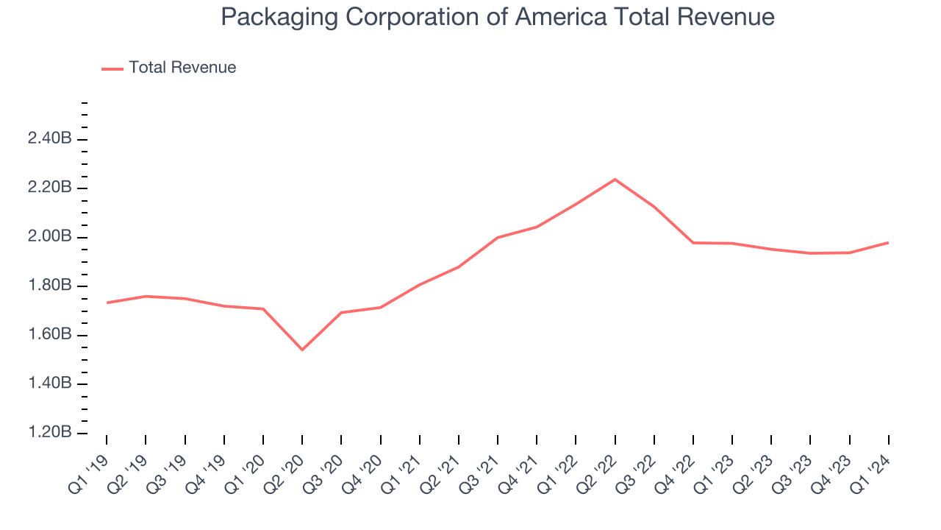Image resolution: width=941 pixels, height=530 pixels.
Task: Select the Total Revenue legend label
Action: click(x=182, y=68)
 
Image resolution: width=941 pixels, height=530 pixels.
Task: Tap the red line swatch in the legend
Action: click(x=112, y=68)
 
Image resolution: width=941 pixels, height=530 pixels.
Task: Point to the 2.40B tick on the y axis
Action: click(x=49, y=139)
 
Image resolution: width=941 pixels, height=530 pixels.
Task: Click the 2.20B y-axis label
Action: click(x=49, y=188)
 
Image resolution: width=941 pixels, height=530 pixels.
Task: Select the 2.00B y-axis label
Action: click(x=49, y=237)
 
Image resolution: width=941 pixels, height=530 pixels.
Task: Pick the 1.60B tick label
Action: click(x=49, y=335)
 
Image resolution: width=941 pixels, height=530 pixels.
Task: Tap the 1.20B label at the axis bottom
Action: click(x=49, y=433)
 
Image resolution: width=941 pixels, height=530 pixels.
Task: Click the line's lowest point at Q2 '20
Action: click(x=302, y=350)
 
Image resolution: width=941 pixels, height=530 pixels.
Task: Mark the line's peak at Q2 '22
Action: click(x=615, y=179)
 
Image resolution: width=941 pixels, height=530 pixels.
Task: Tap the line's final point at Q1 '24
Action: click(x=888, y=242)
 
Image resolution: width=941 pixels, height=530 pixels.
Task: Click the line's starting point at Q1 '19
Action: click(x=107, y=303)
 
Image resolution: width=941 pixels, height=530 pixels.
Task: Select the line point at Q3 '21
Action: click(x=498, y=238)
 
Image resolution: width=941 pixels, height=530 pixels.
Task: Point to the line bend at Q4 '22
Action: click(x=693, y=242)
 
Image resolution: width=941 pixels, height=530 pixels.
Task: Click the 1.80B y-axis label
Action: click(x=49, y=286)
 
